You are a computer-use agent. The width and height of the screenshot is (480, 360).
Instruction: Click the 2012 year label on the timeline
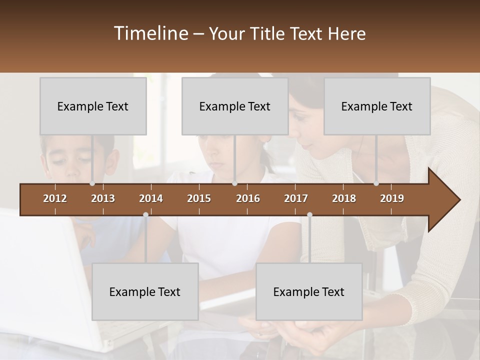[x=55, y=198]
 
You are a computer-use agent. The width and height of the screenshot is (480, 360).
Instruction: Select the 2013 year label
[x=103, y=198]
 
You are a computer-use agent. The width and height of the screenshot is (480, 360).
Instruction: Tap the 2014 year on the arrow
[x=151, y=198]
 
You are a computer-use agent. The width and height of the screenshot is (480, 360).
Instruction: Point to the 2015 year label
[x=199, y=198]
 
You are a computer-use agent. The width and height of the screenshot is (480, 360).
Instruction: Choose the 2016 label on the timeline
[x=248, y=198]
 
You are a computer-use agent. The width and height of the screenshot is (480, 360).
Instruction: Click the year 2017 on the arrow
[x=296, y=198]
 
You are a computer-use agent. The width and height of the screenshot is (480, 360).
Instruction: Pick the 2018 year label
[x=344, y=198]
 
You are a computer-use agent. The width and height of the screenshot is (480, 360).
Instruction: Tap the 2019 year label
[x=392, y=198]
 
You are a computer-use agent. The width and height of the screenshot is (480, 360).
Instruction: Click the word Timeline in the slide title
[x=150, y=33]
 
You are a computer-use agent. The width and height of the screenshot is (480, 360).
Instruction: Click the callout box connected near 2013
[x=93, y=106]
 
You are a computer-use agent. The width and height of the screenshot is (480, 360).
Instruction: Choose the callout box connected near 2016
[x=235, y=106]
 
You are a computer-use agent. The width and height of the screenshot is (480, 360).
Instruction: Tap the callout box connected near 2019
[x=377, y=106]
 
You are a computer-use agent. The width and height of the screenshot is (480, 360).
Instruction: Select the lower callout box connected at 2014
[x=145, y=291]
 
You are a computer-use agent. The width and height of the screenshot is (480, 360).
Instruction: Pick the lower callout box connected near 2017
[x=309, y=291]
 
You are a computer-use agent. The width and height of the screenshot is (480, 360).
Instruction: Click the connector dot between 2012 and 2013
[x=92, y=183]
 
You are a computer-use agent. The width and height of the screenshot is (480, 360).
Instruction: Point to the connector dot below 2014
[x=145, y=214]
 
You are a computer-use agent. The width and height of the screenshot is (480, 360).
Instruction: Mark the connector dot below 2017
[x=309, y=214]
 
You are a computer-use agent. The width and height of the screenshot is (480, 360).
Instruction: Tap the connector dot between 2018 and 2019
[x=376, y=183]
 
